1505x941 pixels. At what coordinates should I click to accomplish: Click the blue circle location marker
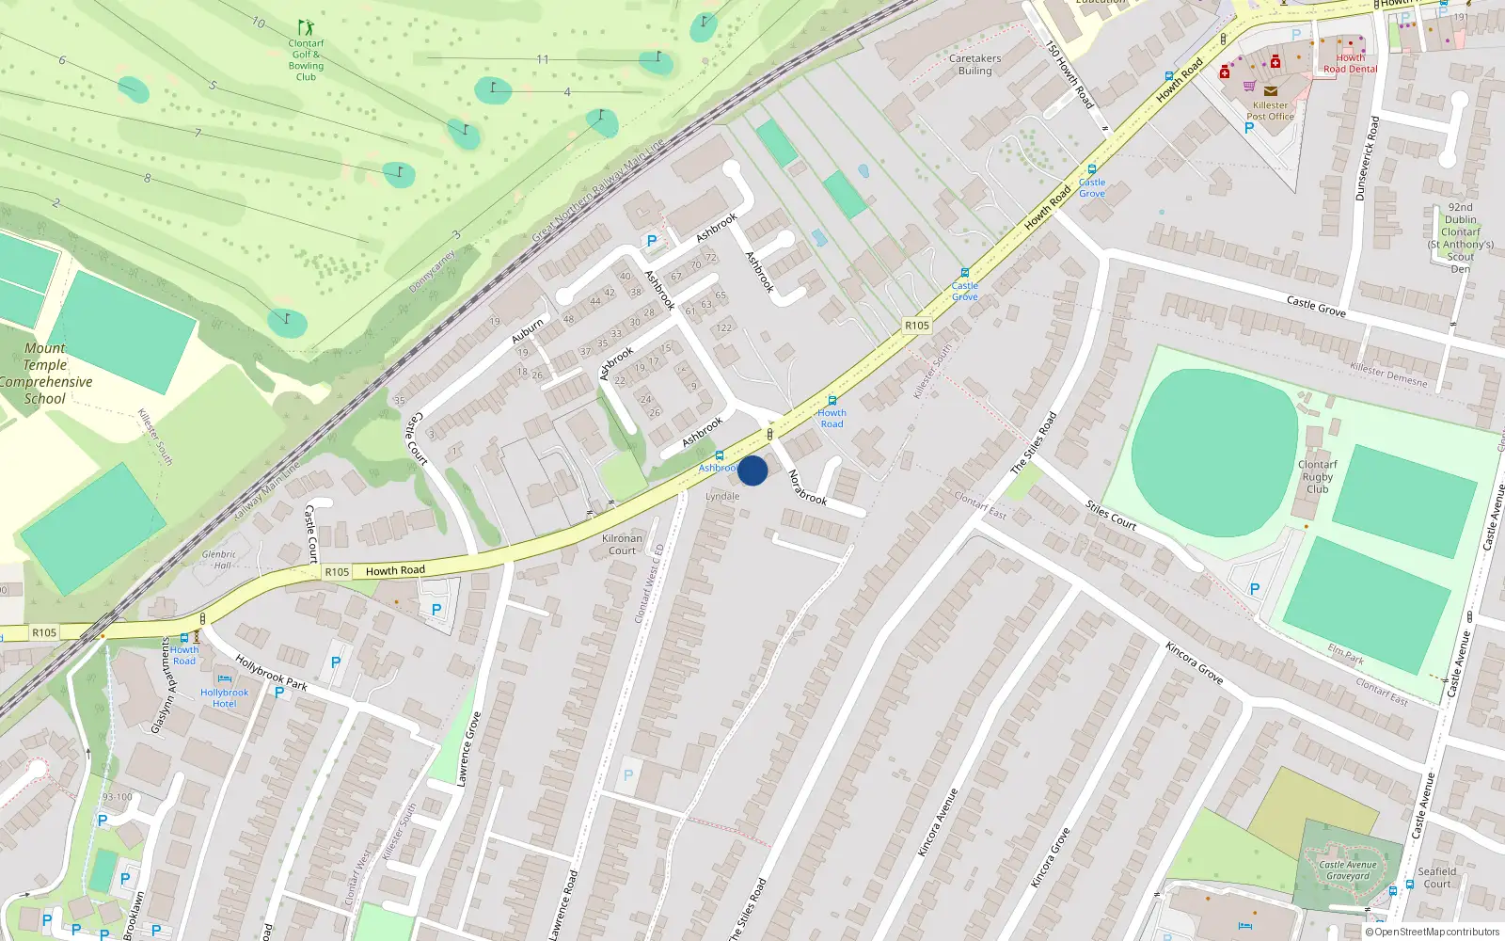752,470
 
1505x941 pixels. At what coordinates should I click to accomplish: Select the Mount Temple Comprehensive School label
45,374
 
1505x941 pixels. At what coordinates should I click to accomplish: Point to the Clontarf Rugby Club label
1317,476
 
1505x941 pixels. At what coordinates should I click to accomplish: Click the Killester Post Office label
1270,111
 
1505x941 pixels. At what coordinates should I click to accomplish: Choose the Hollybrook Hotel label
224,697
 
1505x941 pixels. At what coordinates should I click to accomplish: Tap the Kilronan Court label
622,544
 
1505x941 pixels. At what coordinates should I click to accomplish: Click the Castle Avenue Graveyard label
1347,870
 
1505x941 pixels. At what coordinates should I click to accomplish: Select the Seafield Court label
1436,877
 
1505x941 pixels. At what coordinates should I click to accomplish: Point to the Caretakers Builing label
974,64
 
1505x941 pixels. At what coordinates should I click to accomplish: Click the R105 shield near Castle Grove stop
916,326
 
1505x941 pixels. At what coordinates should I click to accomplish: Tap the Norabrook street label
807,487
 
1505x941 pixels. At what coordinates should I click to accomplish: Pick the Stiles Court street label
1111,516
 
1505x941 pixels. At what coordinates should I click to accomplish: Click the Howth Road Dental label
1350,63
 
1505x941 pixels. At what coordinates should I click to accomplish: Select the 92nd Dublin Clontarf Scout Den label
1460,237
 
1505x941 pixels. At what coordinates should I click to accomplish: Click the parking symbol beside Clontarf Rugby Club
1254,589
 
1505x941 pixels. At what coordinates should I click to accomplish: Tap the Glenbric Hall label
219,560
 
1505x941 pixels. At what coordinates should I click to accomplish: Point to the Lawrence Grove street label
468,749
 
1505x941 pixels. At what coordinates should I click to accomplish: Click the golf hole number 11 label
542,59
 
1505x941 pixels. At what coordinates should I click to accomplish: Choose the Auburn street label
528,330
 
